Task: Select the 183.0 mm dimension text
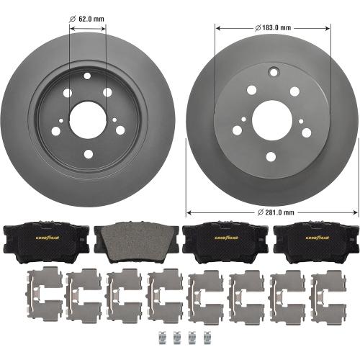point(273,28)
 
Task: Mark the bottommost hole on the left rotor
point(88,152)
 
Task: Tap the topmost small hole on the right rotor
point(273,71)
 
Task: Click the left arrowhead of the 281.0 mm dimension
point(189,212)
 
